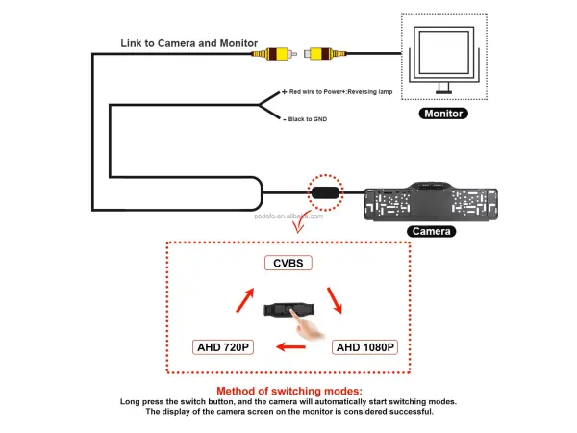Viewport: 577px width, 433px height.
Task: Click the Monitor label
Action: (444, 114)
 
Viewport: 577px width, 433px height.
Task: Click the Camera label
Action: (431, 231)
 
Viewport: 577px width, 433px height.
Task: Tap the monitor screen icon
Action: (444, 58)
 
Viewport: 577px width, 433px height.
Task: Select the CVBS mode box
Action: (288, 263)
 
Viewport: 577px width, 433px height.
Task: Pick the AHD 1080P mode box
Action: (364, 347)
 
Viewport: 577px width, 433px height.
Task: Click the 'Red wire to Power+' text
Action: (339, 92)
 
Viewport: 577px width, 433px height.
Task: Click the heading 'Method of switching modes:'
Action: (288, 391)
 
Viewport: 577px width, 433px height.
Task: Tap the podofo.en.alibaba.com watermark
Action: (295, 217)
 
